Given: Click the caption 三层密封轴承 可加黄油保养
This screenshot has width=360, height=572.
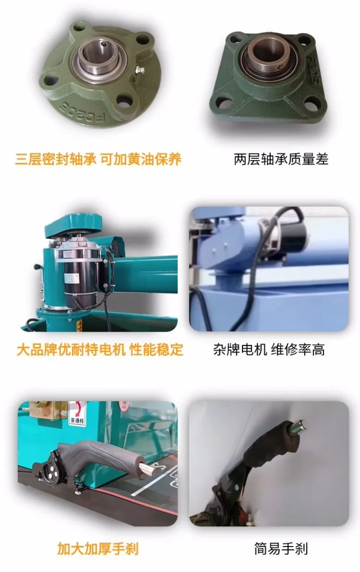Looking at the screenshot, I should [98, 159].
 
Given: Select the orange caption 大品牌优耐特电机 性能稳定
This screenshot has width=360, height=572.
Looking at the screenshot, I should [100, 349].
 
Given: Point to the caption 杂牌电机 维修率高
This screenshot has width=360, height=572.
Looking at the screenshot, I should [269, 349].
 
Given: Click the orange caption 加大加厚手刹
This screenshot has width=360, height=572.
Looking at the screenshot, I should [98, 548].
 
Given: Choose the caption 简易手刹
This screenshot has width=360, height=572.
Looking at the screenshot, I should [281, 548].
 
